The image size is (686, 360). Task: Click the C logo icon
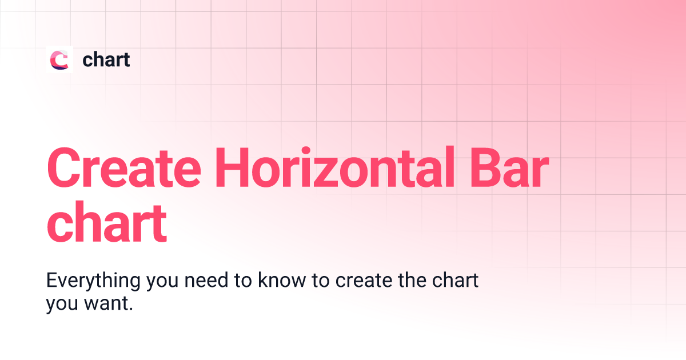[x=59, y=59]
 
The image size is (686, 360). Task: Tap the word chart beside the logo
[x=106, y=59]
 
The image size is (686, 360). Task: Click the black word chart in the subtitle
[x=456, y=282]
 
